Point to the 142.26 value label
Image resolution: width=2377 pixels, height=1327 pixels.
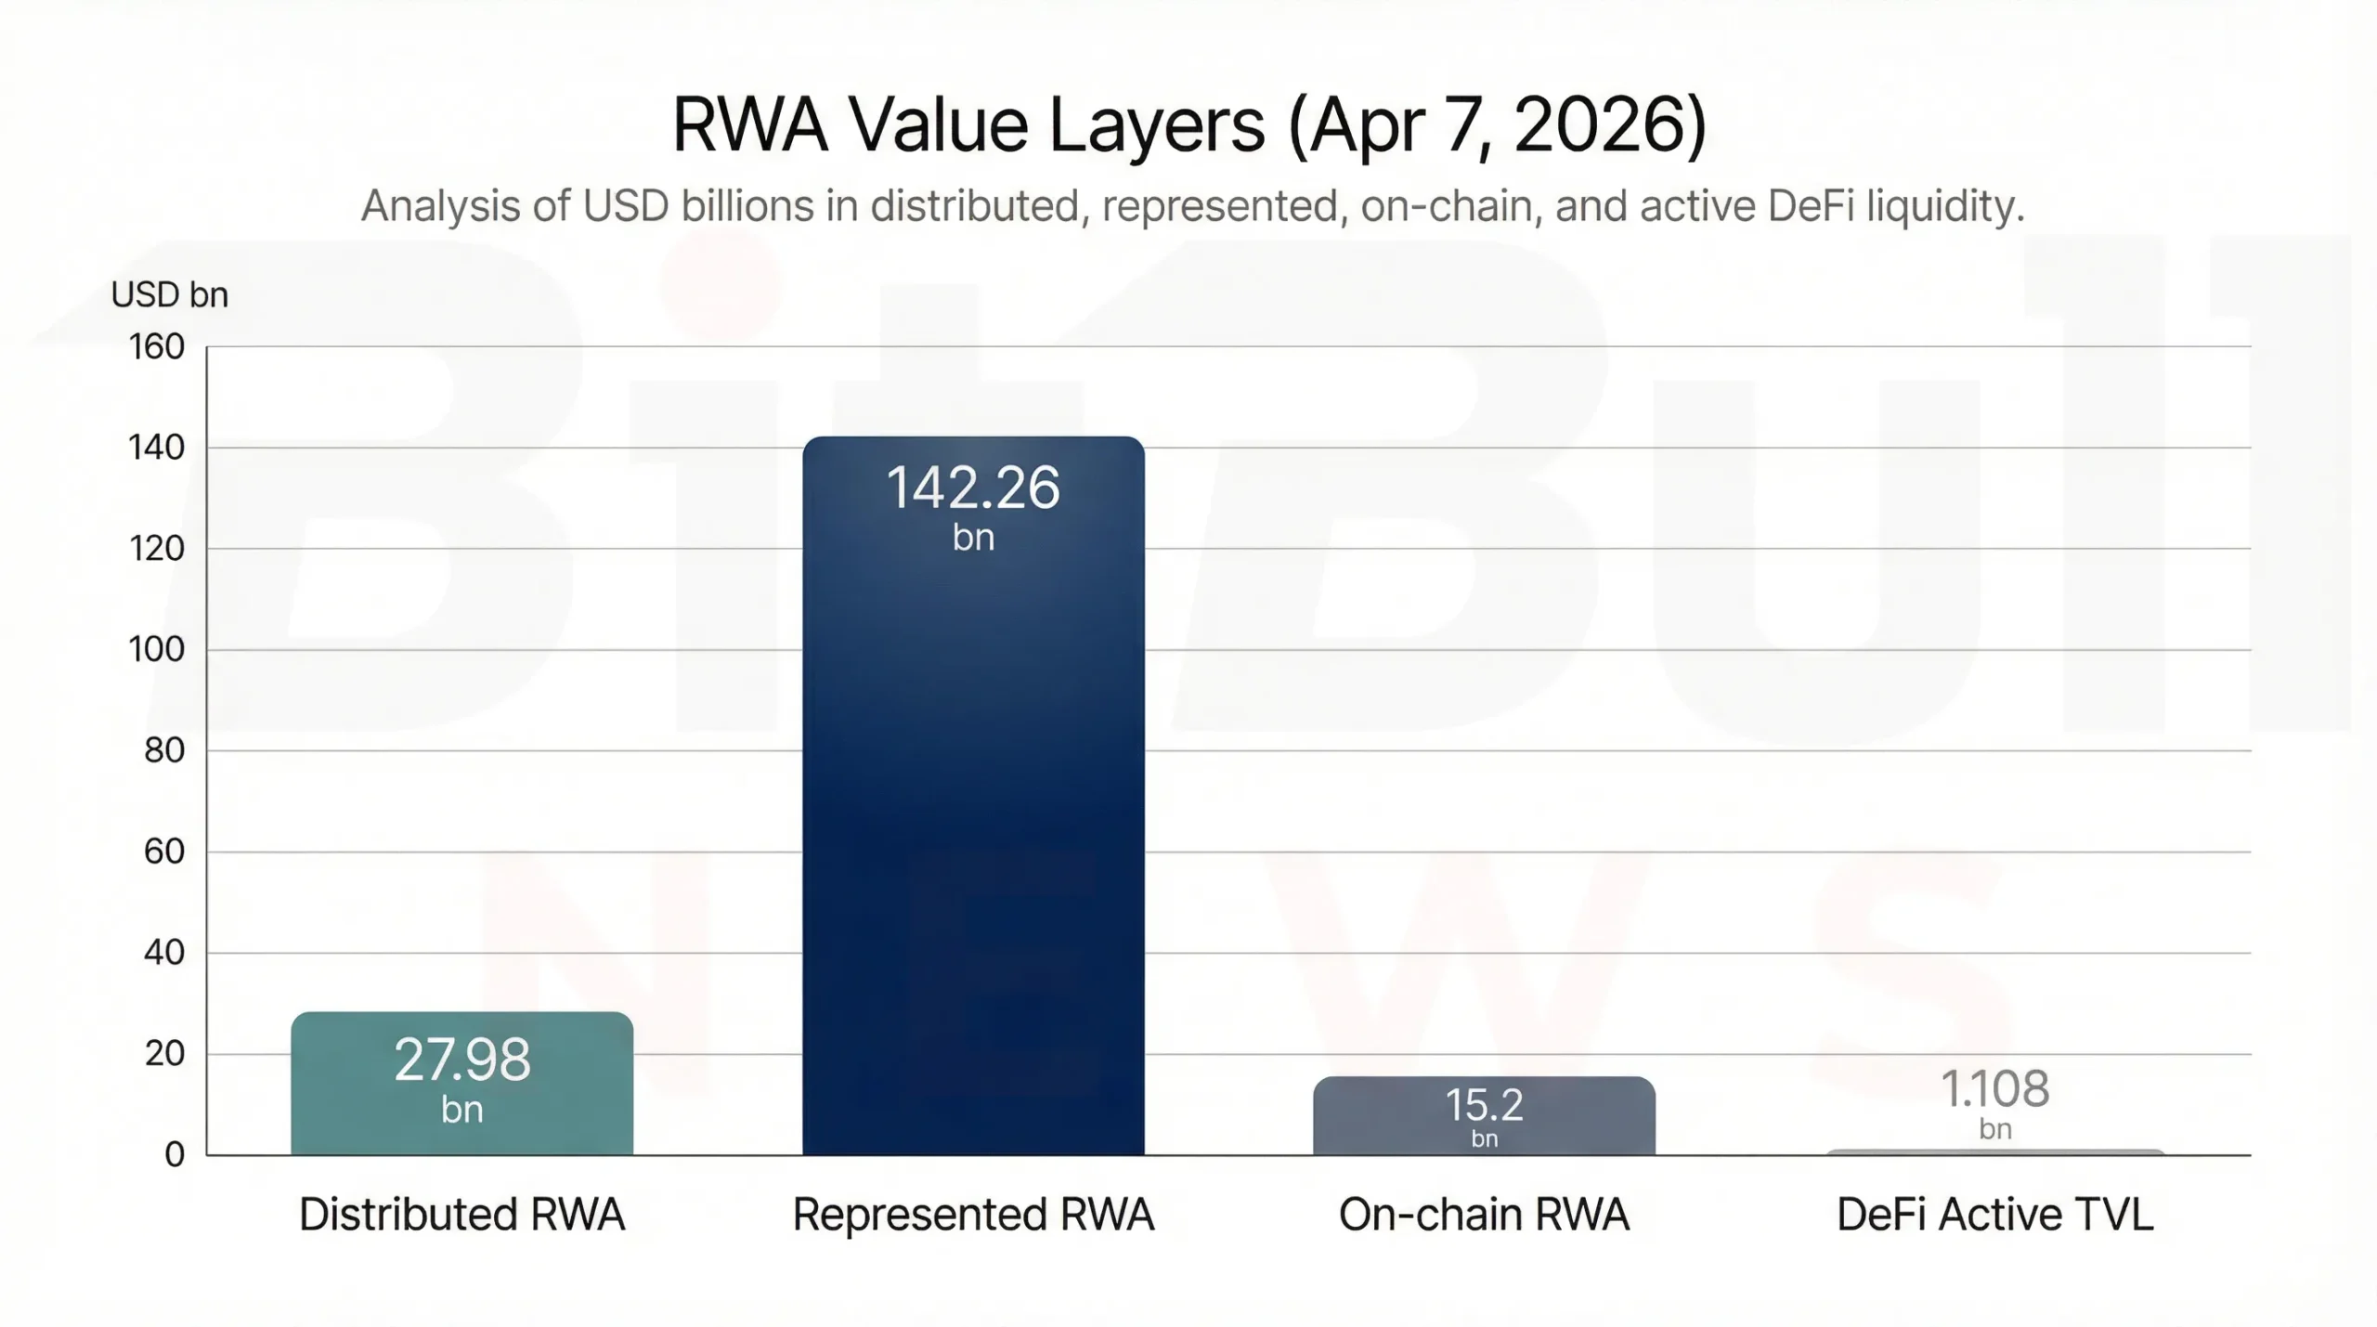[x=973, y=488]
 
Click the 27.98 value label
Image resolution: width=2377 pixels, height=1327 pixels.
[x=461, y=1060]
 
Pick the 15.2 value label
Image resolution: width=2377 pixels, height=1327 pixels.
[x=1484, y=1105]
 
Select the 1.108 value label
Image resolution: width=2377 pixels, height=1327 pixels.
[x=1994, y=1089]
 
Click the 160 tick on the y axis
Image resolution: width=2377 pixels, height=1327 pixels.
[x=156, y=347]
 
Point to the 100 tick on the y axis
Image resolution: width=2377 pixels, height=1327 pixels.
[x=156, y=649]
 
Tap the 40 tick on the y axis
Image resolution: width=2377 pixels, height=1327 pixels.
[x=163, y=952]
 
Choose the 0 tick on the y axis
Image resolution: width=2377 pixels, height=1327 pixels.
[x=175, y=1154]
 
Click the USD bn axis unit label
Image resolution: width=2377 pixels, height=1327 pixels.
[x=169, y=295]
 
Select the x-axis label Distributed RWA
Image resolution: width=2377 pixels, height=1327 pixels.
[x=461, y=1215]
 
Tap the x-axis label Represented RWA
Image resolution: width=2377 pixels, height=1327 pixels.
[x=973, y=1215]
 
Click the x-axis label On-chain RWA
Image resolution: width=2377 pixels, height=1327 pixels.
[x=1484, y=1215]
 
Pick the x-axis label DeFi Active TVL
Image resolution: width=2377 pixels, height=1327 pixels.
[x=1994, y=1215]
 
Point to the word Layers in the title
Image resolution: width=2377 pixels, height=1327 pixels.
[x=1156, y=127]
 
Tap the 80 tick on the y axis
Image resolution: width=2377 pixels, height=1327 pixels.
[x=163, y=750]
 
